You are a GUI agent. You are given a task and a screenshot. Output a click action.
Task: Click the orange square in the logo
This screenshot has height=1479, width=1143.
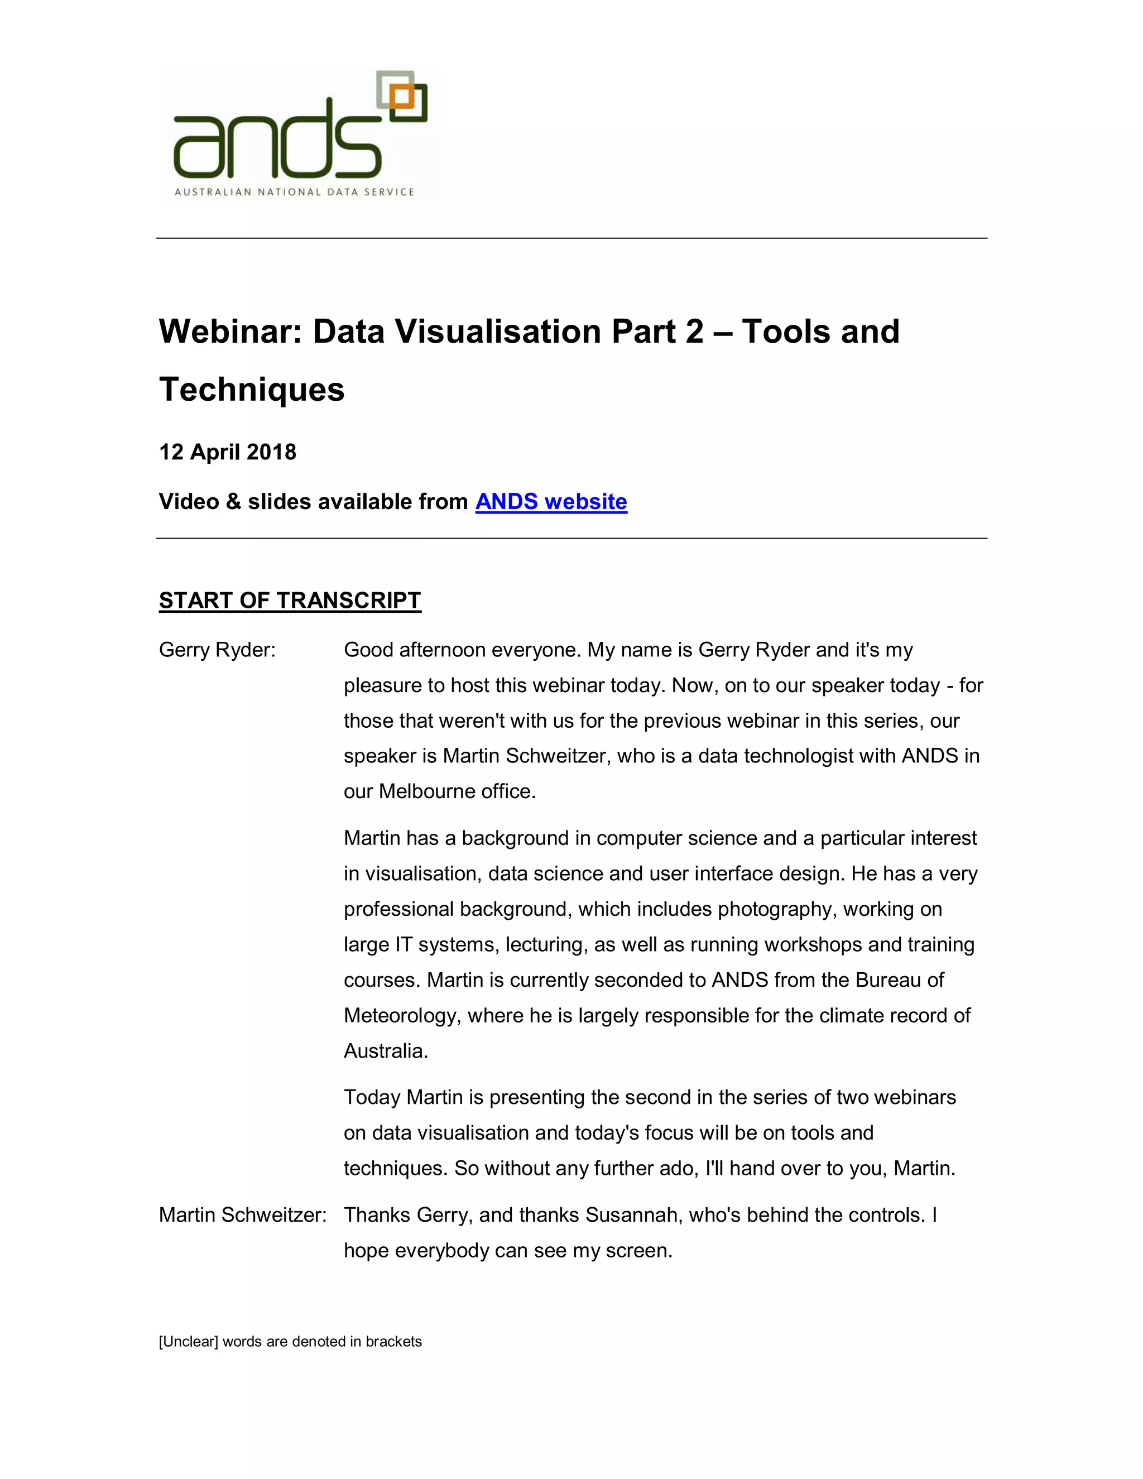tap(402, 98)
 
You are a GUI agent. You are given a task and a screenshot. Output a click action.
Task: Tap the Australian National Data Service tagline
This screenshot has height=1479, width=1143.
tap(294, 193)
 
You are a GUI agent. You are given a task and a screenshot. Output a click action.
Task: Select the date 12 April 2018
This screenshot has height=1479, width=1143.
tap(228, 453)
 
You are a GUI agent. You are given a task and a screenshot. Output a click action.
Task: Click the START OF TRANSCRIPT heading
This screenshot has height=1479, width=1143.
tap(290, 601)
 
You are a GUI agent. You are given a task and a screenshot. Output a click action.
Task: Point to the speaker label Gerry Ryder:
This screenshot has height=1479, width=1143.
tap(217, 650)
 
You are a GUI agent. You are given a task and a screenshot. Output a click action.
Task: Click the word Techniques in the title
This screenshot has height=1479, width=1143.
tap(251, 390)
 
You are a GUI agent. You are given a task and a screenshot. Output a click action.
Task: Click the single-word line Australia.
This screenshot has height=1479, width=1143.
tap(385, 1051)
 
